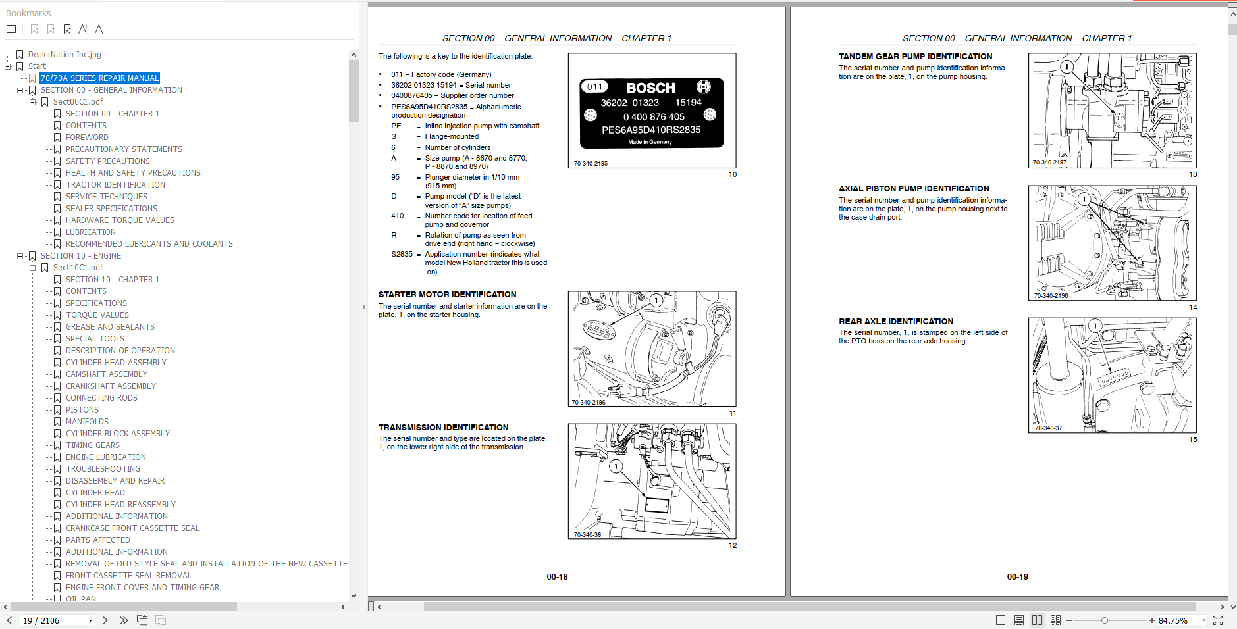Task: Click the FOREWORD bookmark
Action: coord(87,138)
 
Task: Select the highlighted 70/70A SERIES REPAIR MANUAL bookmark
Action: coord(99,78)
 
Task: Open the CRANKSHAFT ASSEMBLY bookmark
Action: coord(111,386)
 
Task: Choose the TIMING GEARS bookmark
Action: coord(93,445)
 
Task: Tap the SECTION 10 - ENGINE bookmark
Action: coord(81,256)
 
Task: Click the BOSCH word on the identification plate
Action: coord(650,88)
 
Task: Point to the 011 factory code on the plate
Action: coord(595,87)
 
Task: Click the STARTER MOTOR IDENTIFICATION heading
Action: coord(447,295)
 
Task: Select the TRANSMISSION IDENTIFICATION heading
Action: coord(443,428)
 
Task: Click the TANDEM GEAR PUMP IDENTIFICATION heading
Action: coord(915,57)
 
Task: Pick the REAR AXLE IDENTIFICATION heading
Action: coord(896,322)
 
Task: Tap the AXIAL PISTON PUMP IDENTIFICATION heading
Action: coord(914,189)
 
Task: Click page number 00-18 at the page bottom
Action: coord(557,577)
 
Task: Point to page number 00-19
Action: coord(1017,577)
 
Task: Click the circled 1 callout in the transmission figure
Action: coord(616,466)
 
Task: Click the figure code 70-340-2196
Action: coord(589,403)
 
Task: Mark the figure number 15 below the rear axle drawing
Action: coord(1193,440)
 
